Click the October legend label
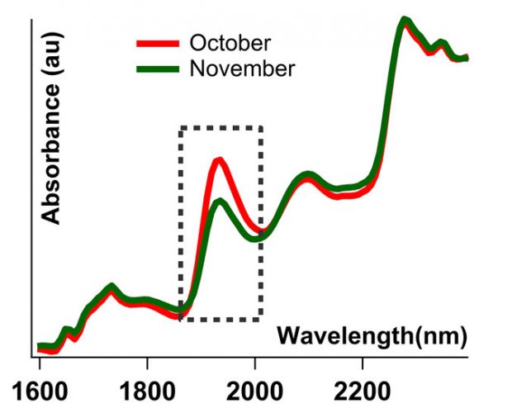(x=229, y=42)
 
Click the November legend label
(x=241, y=68)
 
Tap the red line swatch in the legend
(x=158, y=43)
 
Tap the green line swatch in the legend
(x=158, y=68)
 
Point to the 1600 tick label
(x=39, y=389)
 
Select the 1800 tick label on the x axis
(x=146, y=389)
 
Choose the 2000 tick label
(x=254, y=389)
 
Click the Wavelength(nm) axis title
(x=372, y=335)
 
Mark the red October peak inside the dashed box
(x=218, y=160)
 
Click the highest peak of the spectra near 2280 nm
(x=404, y=20)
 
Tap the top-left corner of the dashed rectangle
(x=181, y=128)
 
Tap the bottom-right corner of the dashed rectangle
(x=261, y=317)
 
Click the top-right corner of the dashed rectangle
(x=261, y=128)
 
